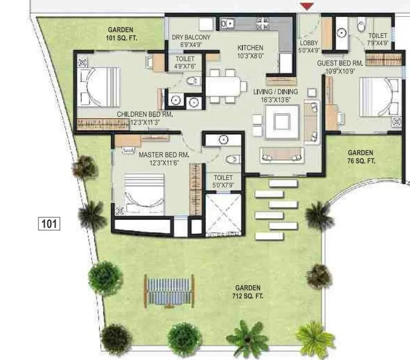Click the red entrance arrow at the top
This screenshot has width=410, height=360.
[307, 6]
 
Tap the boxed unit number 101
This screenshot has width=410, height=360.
[49, 224]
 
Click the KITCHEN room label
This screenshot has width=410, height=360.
[250, 48]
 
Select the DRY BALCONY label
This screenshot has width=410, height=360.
[191, 37]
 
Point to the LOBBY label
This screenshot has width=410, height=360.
[309, 44]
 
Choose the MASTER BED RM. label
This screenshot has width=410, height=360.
[163, 155]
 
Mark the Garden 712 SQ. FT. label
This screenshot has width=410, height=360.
[248, 292]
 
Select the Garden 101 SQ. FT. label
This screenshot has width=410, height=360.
[120, 34]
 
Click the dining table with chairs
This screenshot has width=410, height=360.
[225, 86]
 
